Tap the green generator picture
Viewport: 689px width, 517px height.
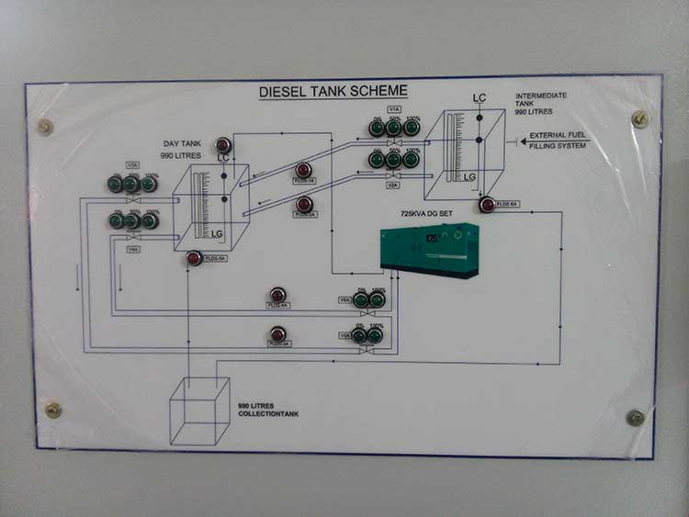tap(430, 249)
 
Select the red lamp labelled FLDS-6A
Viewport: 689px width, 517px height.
tap(487, 205)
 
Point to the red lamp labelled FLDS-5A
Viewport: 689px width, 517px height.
tap(195, 258)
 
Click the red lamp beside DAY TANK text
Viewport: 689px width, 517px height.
tap(222, 144)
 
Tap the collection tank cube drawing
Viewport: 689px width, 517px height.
tap(198, 410)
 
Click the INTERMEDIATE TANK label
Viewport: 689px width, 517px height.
tap(541, 103)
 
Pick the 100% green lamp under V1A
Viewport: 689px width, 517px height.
tap(412, 128)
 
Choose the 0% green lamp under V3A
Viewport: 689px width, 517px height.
tap(115, 184)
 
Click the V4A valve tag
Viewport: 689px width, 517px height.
tap(133, 249)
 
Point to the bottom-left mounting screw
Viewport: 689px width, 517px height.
tap(53, 410)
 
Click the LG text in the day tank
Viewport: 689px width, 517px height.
tap(217, 234)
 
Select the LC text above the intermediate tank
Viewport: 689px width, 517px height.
tap(479, 98)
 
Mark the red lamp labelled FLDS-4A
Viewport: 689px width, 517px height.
tap(277, 296)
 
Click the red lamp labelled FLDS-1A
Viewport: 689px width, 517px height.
tap(303, 170)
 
